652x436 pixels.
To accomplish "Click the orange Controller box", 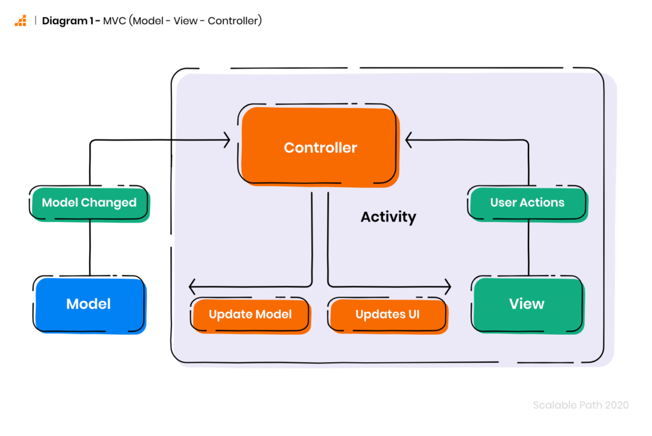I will point(320,148).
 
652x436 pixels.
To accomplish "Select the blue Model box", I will point(89,304).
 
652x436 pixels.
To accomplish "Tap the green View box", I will point(527,304).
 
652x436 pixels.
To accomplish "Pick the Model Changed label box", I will point(90,203).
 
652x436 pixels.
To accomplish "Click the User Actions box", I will point(527,203).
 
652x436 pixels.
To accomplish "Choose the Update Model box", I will point(250,314).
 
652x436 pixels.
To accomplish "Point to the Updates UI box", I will point(387,314).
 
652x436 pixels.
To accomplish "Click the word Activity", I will point(388,217).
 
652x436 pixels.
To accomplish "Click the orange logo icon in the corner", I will point(20,20).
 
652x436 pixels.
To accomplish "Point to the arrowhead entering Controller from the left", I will point(227,139).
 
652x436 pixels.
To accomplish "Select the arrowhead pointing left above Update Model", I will point(193,286).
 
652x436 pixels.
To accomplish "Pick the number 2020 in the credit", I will point(617,405).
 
